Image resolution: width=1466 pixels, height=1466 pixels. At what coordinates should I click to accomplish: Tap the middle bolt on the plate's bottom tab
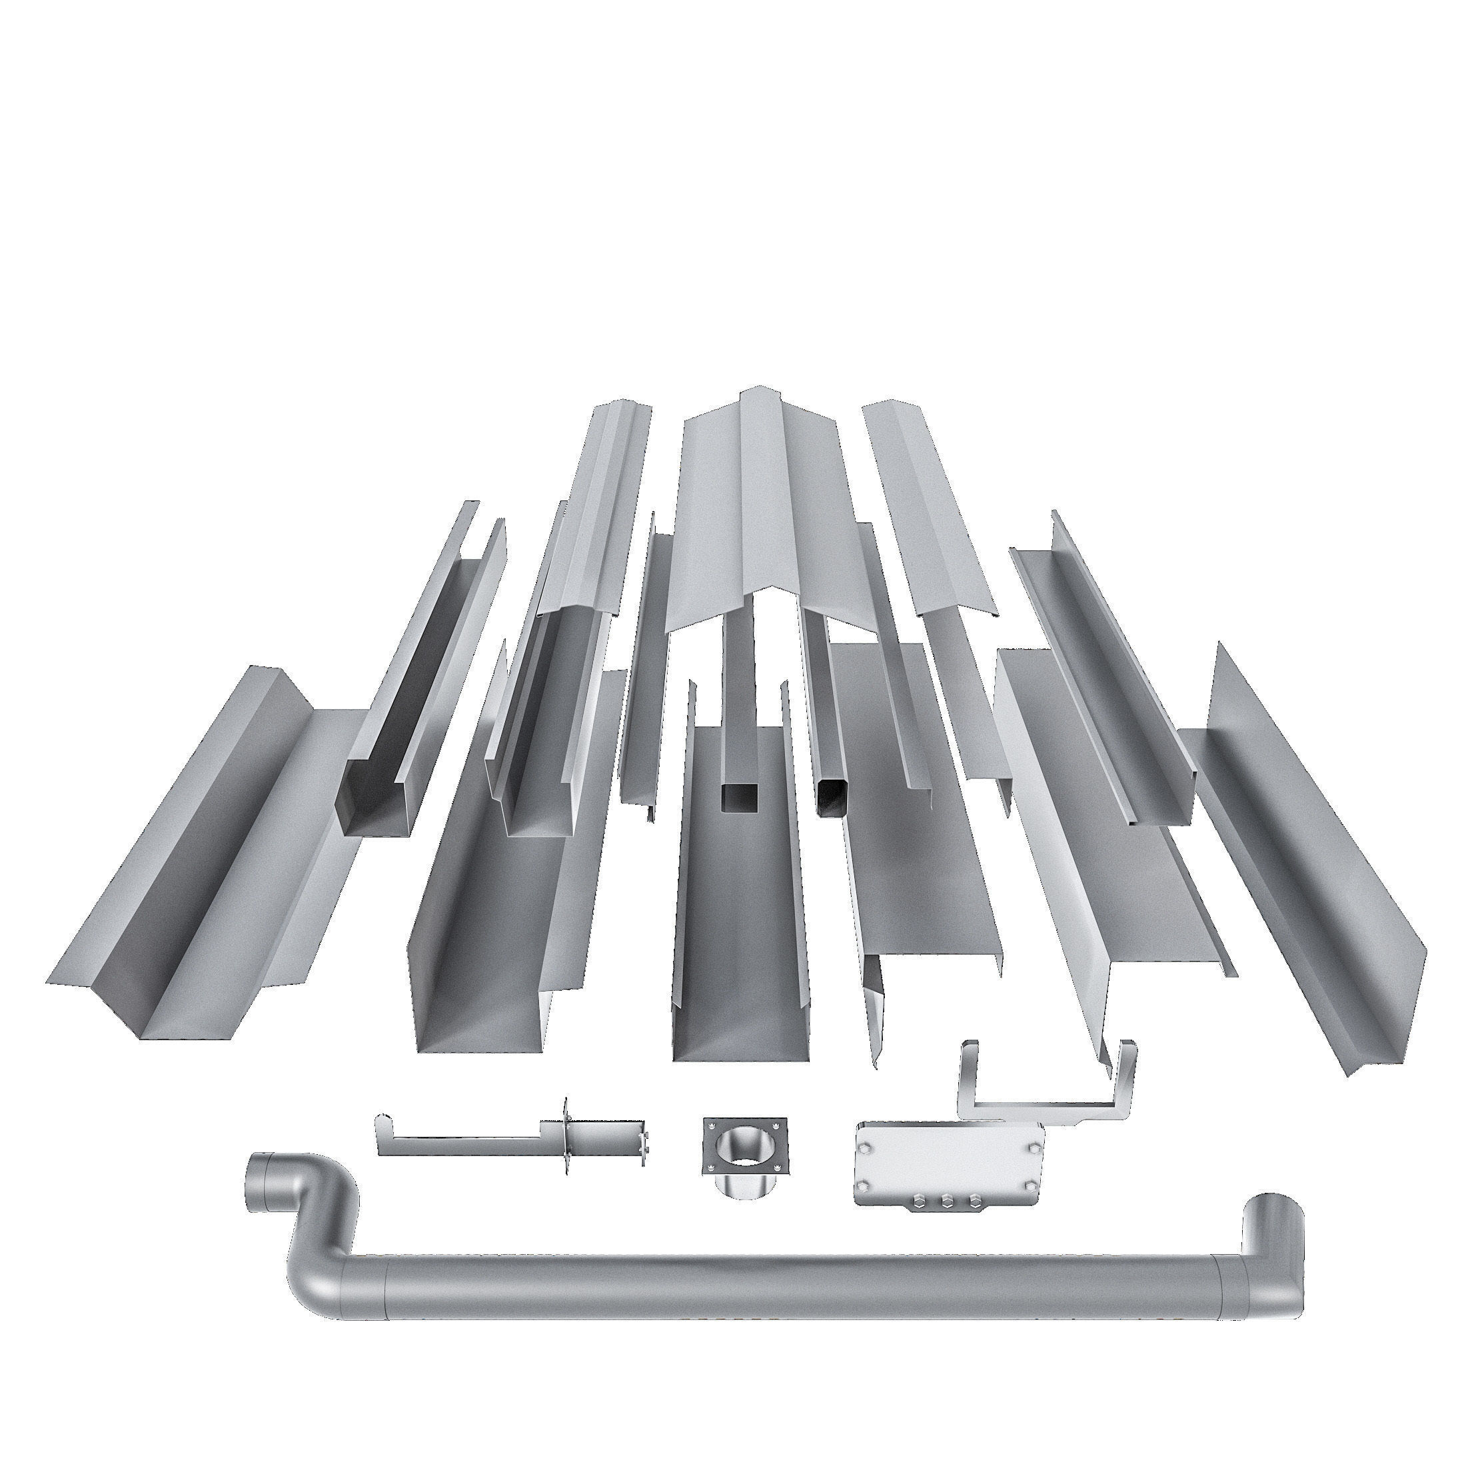tap(947, 1201)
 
